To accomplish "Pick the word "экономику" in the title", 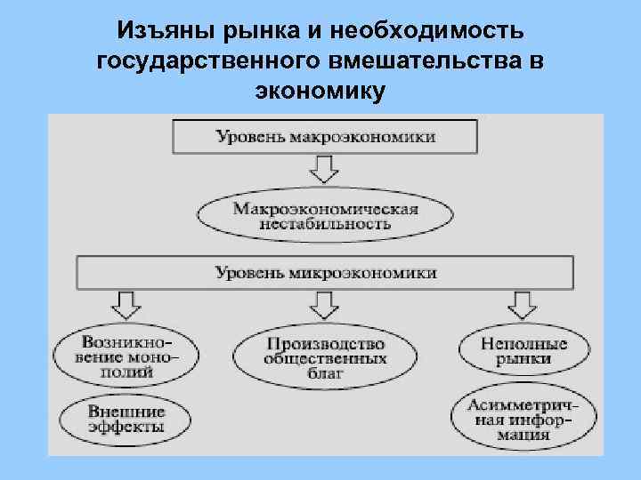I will (320, 92).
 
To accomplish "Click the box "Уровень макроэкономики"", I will (325, 138).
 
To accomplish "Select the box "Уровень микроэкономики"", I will (326, 273).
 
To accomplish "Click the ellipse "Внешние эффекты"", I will (126, 420).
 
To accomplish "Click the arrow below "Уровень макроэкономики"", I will (326, 169).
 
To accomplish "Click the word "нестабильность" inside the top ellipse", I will (325, 224).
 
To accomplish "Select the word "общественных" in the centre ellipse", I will (325, 358).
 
